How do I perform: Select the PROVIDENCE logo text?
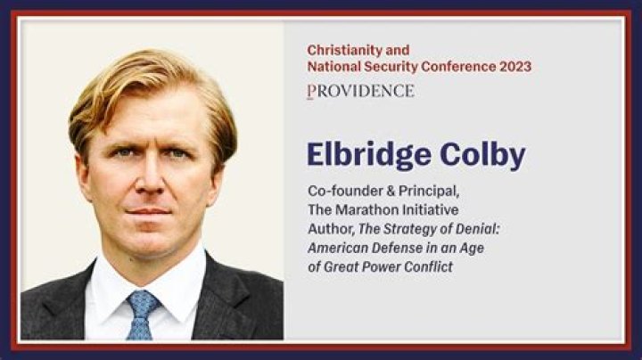(360, 91)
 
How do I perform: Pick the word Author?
(326, 229)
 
